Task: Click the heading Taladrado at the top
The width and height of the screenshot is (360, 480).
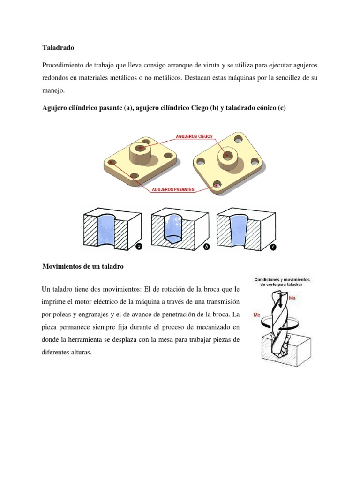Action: point(58,48)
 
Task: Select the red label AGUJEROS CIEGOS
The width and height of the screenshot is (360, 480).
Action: point(194,136)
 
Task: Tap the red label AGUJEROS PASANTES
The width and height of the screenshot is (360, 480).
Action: point(172,190)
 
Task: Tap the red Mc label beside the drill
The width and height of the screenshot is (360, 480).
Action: point(257,315)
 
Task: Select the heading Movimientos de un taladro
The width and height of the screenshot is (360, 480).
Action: point(82,266)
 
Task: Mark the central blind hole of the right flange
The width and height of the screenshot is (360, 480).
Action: point(227,154)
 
